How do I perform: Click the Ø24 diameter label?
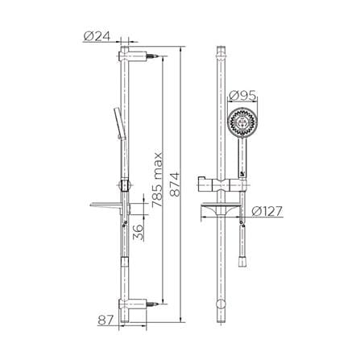[x=97, y=36]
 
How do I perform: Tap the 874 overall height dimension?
[x=176, y=184]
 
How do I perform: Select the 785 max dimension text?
[x=157, y=180]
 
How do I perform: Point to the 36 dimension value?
[x=138, y=232]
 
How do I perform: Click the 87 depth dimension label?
[x=106, y=320]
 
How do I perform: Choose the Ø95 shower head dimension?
[x=242, y=96]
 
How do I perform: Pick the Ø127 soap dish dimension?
[x=267, y=211]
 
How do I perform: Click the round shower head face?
[x=242, y=122]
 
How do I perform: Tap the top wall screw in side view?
[x=153, y=56]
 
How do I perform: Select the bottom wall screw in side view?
[x=153, y=304]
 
